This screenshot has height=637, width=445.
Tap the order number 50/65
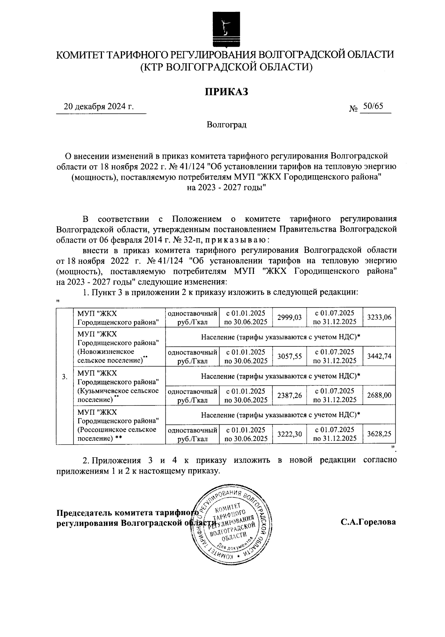[373, 106]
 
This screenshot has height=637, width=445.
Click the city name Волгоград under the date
[227, 125]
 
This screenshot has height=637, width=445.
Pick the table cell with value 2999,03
[290, 317]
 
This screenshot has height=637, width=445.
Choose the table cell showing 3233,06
[379, 317]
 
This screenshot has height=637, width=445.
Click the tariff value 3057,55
[290, 356]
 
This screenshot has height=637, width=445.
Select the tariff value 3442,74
[379, 356]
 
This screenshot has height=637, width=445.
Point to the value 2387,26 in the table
[290, 395]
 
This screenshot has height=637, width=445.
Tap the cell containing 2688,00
[379, 395]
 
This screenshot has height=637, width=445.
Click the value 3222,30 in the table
[290, 434]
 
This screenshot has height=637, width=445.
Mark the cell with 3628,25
[379, 434]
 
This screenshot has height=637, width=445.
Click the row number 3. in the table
[65, 376]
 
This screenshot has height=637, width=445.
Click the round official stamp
[229, 526]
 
